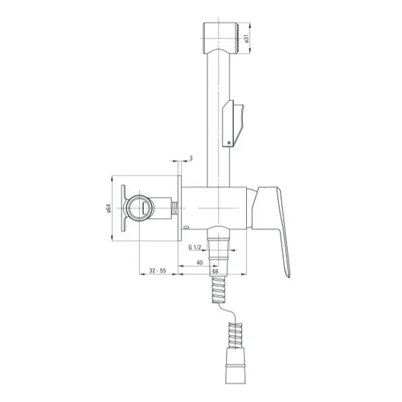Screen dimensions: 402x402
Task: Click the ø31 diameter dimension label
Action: coord(246,39)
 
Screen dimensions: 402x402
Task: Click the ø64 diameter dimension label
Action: coord(109,208)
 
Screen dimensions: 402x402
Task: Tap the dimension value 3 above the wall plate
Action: coord(191,158)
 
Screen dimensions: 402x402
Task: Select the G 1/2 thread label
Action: coord(195,248)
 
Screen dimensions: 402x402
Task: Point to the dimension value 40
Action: coord(199,263)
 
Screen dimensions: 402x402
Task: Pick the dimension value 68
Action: coord(215,271)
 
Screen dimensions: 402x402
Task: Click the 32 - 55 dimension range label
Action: coord(158,271)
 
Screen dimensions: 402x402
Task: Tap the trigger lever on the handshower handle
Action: coord(233,123)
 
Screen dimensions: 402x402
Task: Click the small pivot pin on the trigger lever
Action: coord(228,143)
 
